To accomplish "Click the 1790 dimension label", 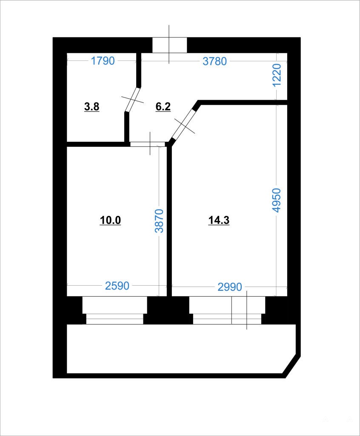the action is click(103, 60).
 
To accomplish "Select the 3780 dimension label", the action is click(214, 61).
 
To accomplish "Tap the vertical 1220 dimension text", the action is click(277, 75).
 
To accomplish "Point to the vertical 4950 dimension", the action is click(277, 200).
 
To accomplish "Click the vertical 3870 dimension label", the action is click(159, 221).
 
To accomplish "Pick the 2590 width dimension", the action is click(117, 286).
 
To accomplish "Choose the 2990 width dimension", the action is click(230, 287).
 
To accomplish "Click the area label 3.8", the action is click(92, 106).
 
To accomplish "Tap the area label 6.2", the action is click(163, 106).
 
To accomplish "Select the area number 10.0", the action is click(110, 220).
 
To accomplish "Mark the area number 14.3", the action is click(219, 220).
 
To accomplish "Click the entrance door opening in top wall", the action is click(170, 45).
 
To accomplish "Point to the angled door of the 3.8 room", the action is click(132, 99).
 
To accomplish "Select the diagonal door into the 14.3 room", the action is click(183, 125).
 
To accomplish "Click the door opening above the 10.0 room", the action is click(148, 144).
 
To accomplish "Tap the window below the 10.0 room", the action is click(114, 310).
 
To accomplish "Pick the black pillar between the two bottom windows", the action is click(168, 310).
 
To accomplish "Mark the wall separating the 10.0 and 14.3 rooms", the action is click(169, 221).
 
